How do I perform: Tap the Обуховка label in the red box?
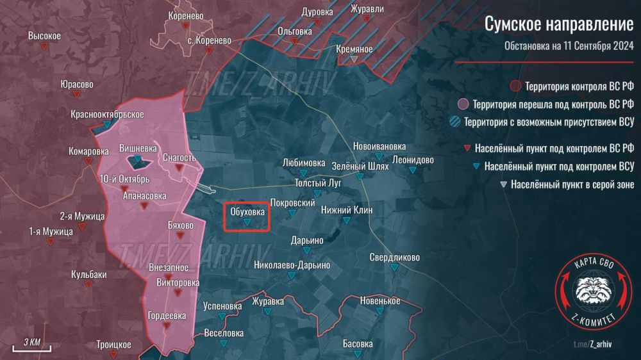(x=247, y=210)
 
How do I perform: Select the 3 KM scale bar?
(x=31, y=343)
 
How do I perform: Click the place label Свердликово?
(x=395, y=258)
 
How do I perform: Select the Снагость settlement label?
(x=179, y=158)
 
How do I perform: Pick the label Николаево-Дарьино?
(x=292, y=265)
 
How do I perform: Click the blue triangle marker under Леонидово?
(x=413, y=170)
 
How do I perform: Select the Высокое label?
(x=44, y=36)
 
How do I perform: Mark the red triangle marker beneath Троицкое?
(x=114, y=356)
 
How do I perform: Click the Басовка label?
(x=358, y=344)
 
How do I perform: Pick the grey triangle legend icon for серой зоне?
(x=502, y=185)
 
